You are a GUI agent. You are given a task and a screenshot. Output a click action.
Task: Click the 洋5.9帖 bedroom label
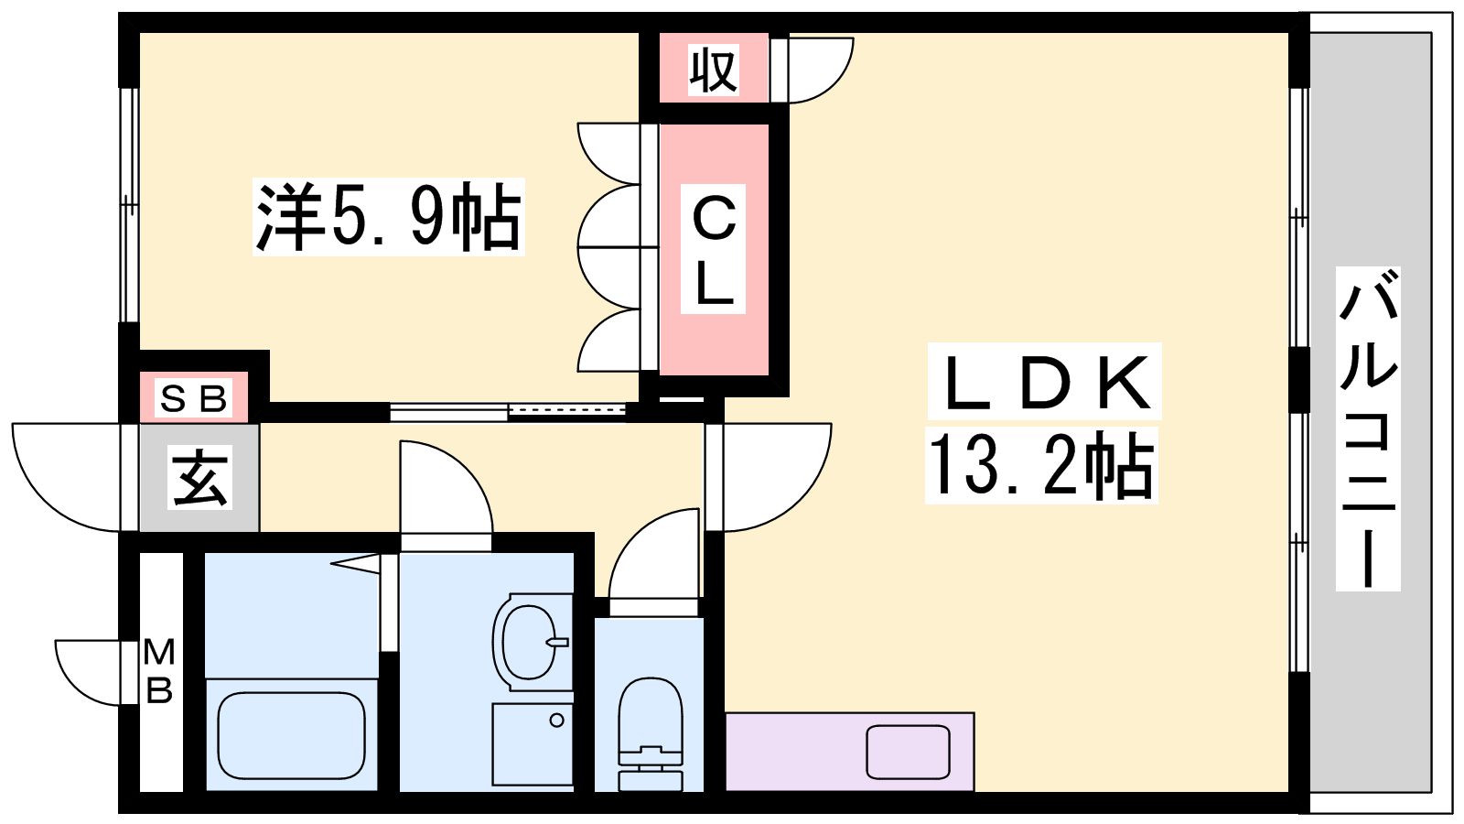pos(388,217)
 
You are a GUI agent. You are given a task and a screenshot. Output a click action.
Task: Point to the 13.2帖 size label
pos(1041,465)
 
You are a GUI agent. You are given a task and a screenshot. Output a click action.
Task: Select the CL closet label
pos(714,249)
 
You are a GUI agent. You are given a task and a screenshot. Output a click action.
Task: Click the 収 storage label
pos(714,70)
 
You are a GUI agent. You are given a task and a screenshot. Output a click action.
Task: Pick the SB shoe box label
pos(193,398)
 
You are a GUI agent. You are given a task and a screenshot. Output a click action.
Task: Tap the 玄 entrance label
pos(199,477)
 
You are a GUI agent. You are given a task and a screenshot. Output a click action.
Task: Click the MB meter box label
pos(159,671)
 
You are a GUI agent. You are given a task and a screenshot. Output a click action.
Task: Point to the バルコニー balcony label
pos(1368,428)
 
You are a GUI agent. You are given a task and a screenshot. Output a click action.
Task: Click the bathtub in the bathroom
pos(292,735)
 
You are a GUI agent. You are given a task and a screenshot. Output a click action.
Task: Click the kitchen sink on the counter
pos(909,752)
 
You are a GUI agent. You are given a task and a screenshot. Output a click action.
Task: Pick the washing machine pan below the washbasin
pos(533,744)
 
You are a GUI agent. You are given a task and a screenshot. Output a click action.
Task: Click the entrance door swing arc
pos(68,477)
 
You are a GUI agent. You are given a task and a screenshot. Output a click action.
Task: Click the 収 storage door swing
pos(820,70)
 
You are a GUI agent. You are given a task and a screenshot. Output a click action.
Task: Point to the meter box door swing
pos(88,672)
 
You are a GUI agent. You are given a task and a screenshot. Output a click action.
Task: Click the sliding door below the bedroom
pos(509,411)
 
